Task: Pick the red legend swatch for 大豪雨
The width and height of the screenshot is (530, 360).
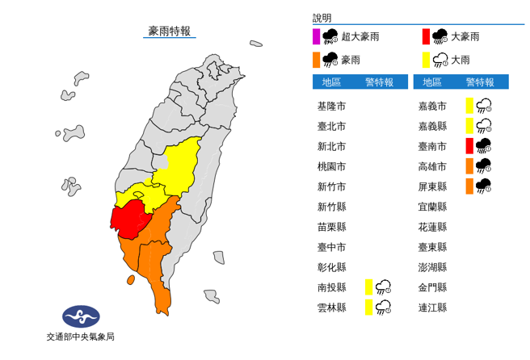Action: (x=425, y=36)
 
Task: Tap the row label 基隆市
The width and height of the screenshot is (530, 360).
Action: (x=331, y=106)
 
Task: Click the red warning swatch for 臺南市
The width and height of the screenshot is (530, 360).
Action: (x=469, y=145)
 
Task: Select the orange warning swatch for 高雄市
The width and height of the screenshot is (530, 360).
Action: (x=469, y=165)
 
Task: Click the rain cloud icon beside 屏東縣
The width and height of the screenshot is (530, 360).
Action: (x=484, y=186)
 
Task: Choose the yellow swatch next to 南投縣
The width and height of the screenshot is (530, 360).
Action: (x=368, y=287)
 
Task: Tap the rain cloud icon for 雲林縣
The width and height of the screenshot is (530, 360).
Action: (x=384, y=307)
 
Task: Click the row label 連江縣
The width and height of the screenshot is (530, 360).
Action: (x=432, y=307)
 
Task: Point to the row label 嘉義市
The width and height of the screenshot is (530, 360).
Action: (x=432, y=106)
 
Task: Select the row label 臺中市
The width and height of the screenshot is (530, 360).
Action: (x=331, y=246)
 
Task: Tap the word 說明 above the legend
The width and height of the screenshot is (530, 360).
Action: (x=322, y=17)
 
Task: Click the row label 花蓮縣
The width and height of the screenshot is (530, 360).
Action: (x=432, y=226)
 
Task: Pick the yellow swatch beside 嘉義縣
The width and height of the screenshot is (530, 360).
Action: (x=469, y=125)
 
